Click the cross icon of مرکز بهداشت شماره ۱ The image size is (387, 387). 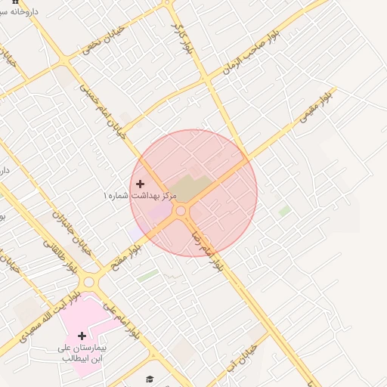[x=140, y=184]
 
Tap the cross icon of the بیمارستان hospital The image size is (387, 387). [x=82, y=335]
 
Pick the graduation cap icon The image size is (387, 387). [x=150, y=379]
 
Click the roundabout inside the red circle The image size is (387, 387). [x=181, y=211]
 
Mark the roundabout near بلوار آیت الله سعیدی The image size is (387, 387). [x=90, y=281]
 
